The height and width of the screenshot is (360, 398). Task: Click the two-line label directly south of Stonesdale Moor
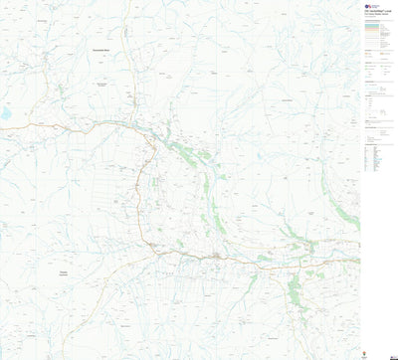pos(102,85)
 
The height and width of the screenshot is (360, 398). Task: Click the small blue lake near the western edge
pos(5,113)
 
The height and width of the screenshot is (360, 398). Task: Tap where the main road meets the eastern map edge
pos(358,261)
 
